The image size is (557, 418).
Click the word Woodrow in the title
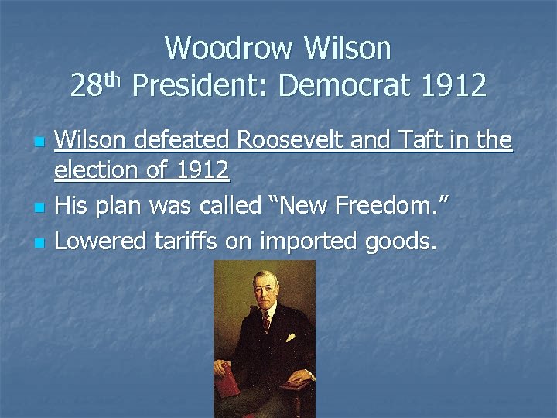click(230, 49)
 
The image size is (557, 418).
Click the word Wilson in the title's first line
click(348, 49)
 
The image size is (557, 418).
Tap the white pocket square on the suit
click(290, 337)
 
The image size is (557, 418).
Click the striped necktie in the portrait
click(265, 320)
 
